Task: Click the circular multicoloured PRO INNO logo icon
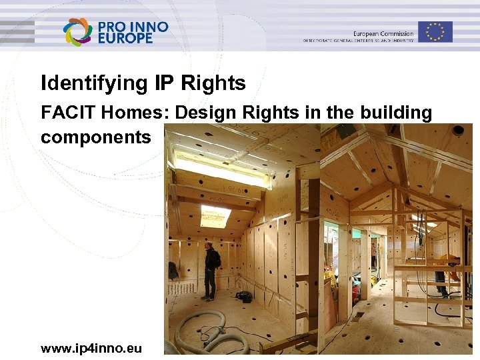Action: click(77, 31)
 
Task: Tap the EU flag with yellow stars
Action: click(435, 31)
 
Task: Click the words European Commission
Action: click(383, 33)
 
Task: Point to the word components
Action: click(96, 138)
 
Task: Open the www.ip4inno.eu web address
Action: click(91, 348)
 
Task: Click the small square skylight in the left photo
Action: click(215, 216)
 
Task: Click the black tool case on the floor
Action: click(243, 296)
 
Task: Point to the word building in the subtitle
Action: click(397, 113)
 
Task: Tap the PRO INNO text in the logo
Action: click(133, 27)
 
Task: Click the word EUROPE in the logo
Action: click(125, 39)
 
